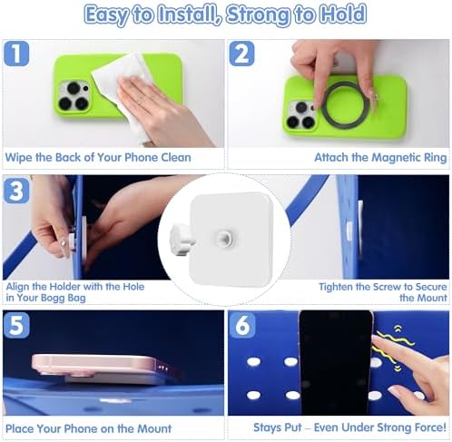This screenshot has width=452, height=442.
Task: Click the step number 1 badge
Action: click(x=16, y=54)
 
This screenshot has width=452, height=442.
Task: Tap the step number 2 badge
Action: click(x=241, y=54)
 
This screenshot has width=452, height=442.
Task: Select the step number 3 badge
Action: click(x=16, y=191)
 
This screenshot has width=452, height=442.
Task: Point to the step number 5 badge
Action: click(x=16, y=325)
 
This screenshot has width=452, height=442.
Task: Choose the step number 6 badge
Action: click(x=242, y=325)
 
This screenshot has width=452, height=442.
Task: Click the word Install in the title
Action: click(x=189, y=15)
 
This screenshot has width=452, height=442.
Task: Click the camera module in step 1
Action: click(x=74, y=96)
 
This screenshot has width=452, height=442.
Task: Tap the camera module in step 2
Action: click(x=301, y=115)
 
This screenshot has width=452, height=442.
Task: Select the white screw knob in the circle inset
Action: click(x=181, y=241)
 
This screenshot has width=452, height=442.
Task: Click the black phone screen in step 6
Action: click(x=335, y=362)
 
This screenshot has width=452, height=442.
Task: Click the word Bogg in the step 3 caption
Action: click(x=53, y=299)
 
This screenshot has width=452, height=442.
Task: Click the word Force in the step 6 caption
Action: click(x=429, y=427)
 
